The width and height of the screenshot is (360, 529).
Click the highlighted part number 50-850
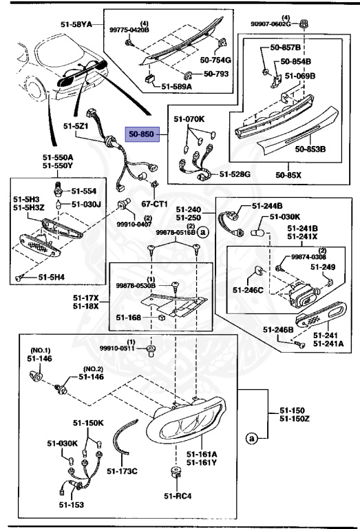click(141, 134)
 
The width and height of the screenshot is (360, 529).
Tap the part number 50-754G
click(215, 61)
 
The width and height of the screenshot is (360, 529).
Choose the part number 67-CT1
click(154, 204)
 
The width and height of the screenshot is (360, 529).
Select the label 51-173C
click(125, 470)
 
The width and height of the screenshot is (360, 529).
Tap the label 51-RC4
click(177, 495)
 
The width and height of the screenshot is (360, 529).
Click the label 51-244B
click(267, 205)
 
